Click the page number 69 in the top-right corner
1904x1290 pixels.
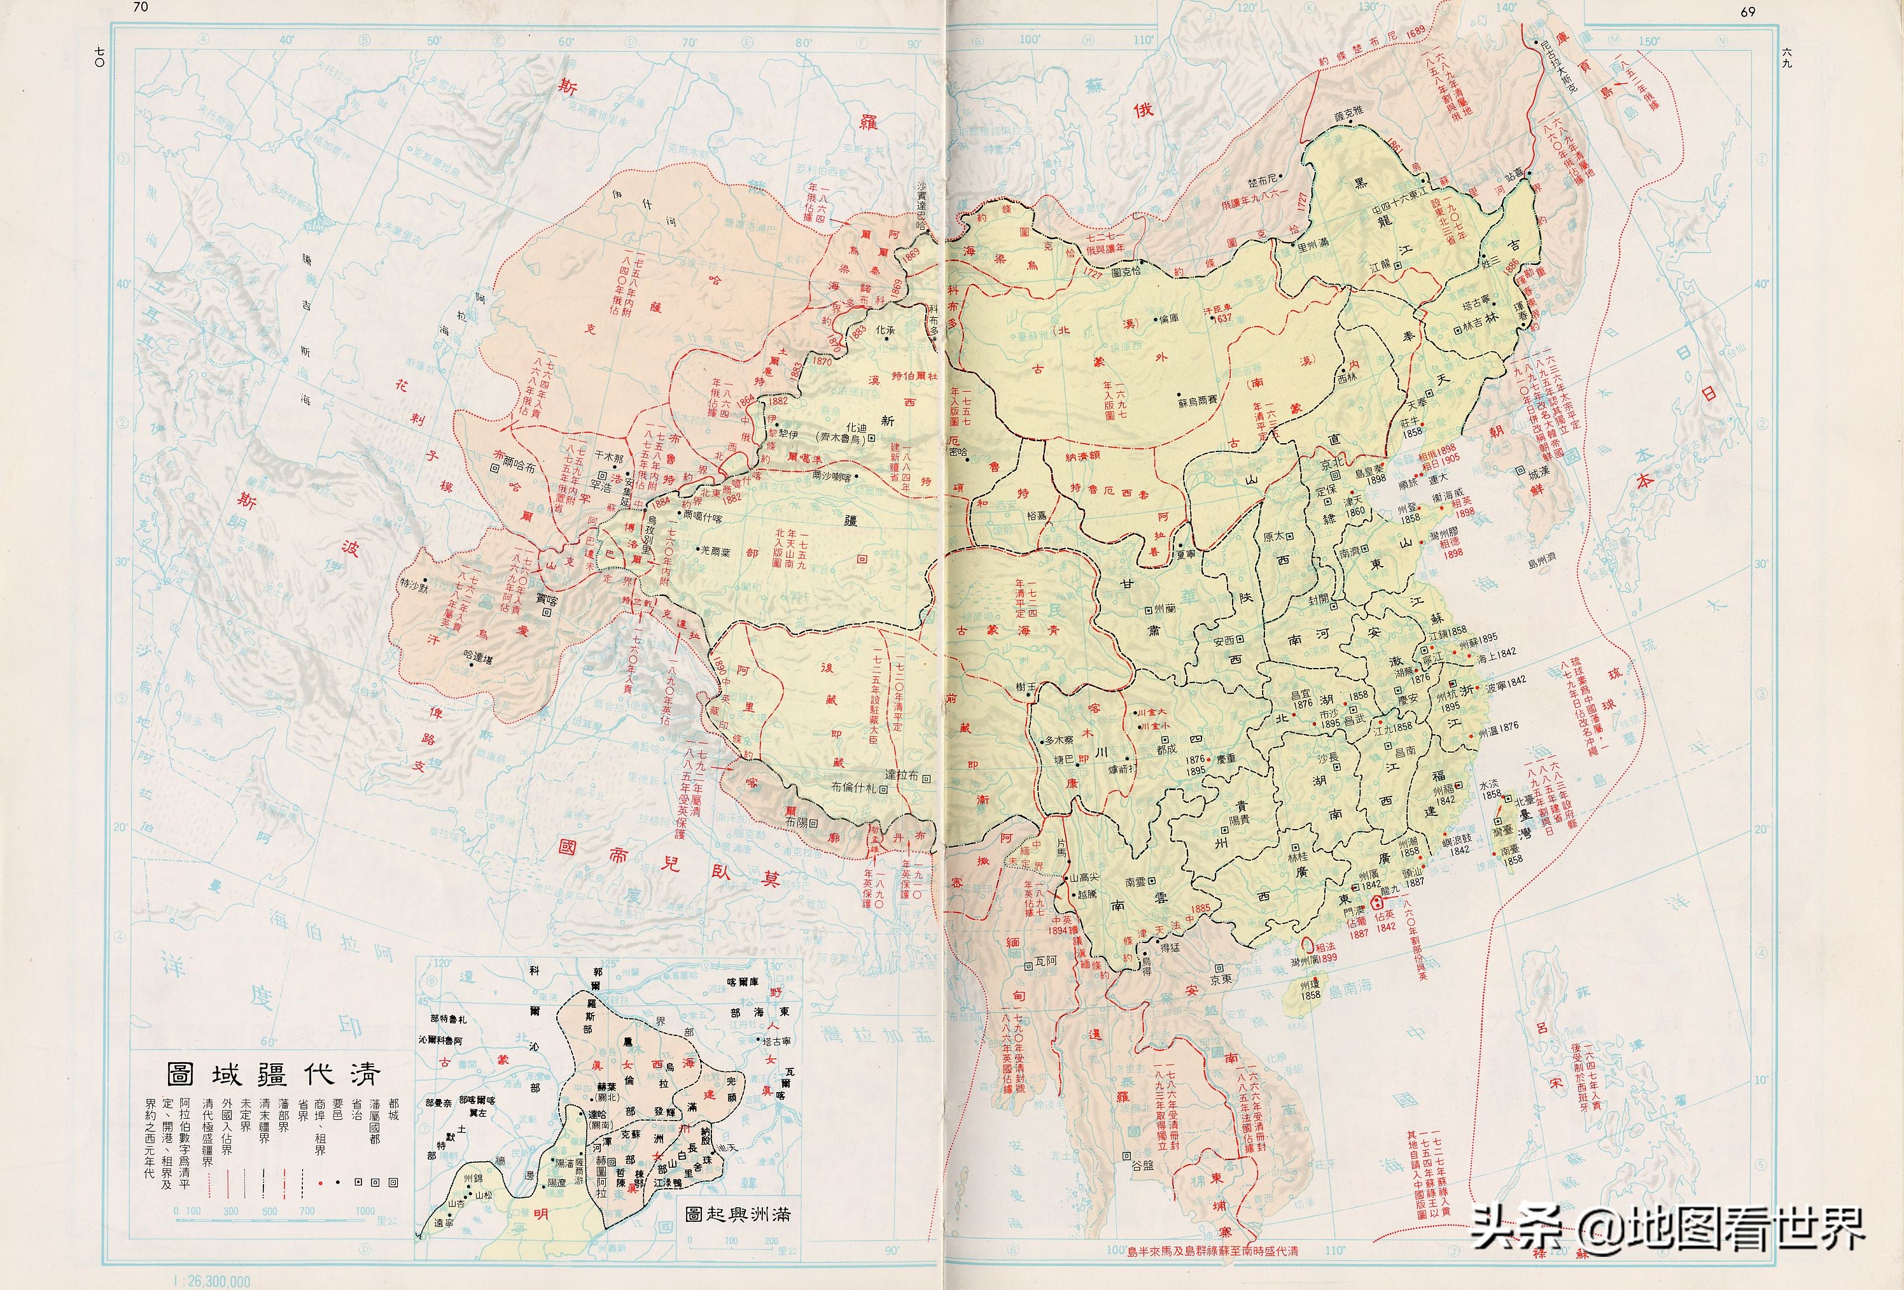[1747, 11]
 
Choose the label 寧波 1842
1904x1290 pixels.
[1505, 681]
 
